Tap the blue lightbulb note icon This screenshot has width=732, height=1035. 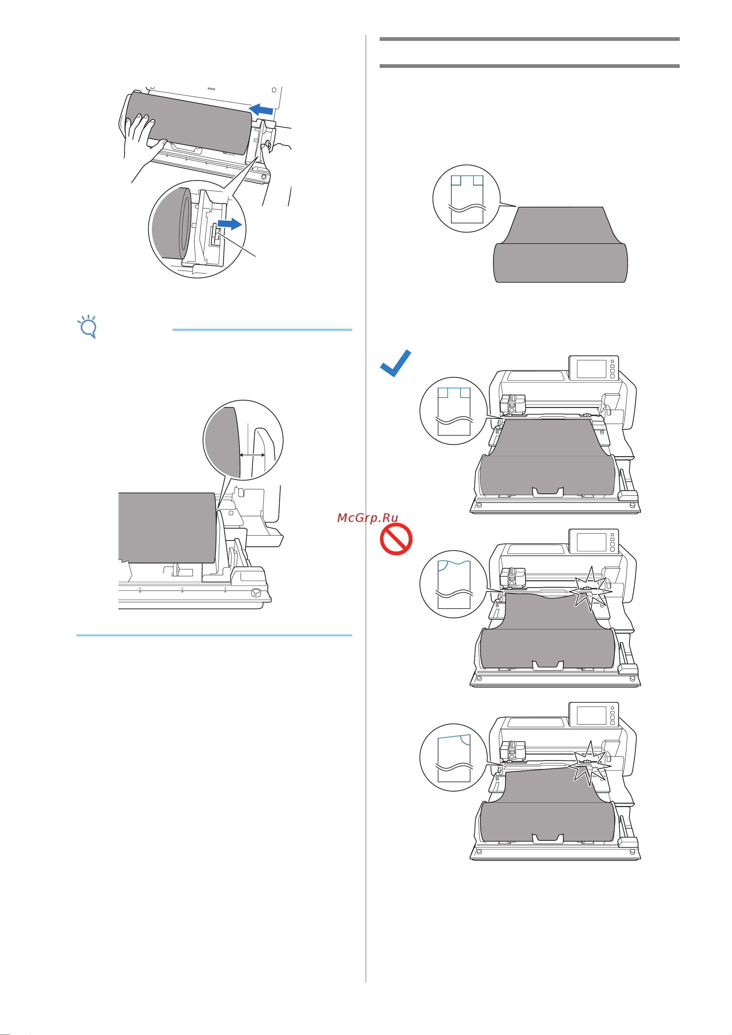tap(88, 326)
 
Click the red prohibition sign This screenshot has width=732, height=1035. tap(396, 539)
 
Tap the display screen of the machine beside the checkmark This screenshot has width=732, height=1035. tap(591, 369)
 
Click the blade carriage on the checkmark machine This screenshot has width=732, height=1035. tap(513, 404)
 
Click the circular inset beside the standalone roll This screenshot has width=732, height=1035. tap(467, 199)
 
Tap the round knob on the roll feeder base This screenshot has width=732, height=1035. tap(256, 591)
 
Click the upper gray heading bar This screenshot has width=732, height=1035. tap(529, 39)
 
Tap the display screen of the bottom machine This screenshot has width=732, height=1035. tap(591, 715)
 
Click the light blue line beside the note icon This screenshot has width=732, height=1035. tap(262, 330)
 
